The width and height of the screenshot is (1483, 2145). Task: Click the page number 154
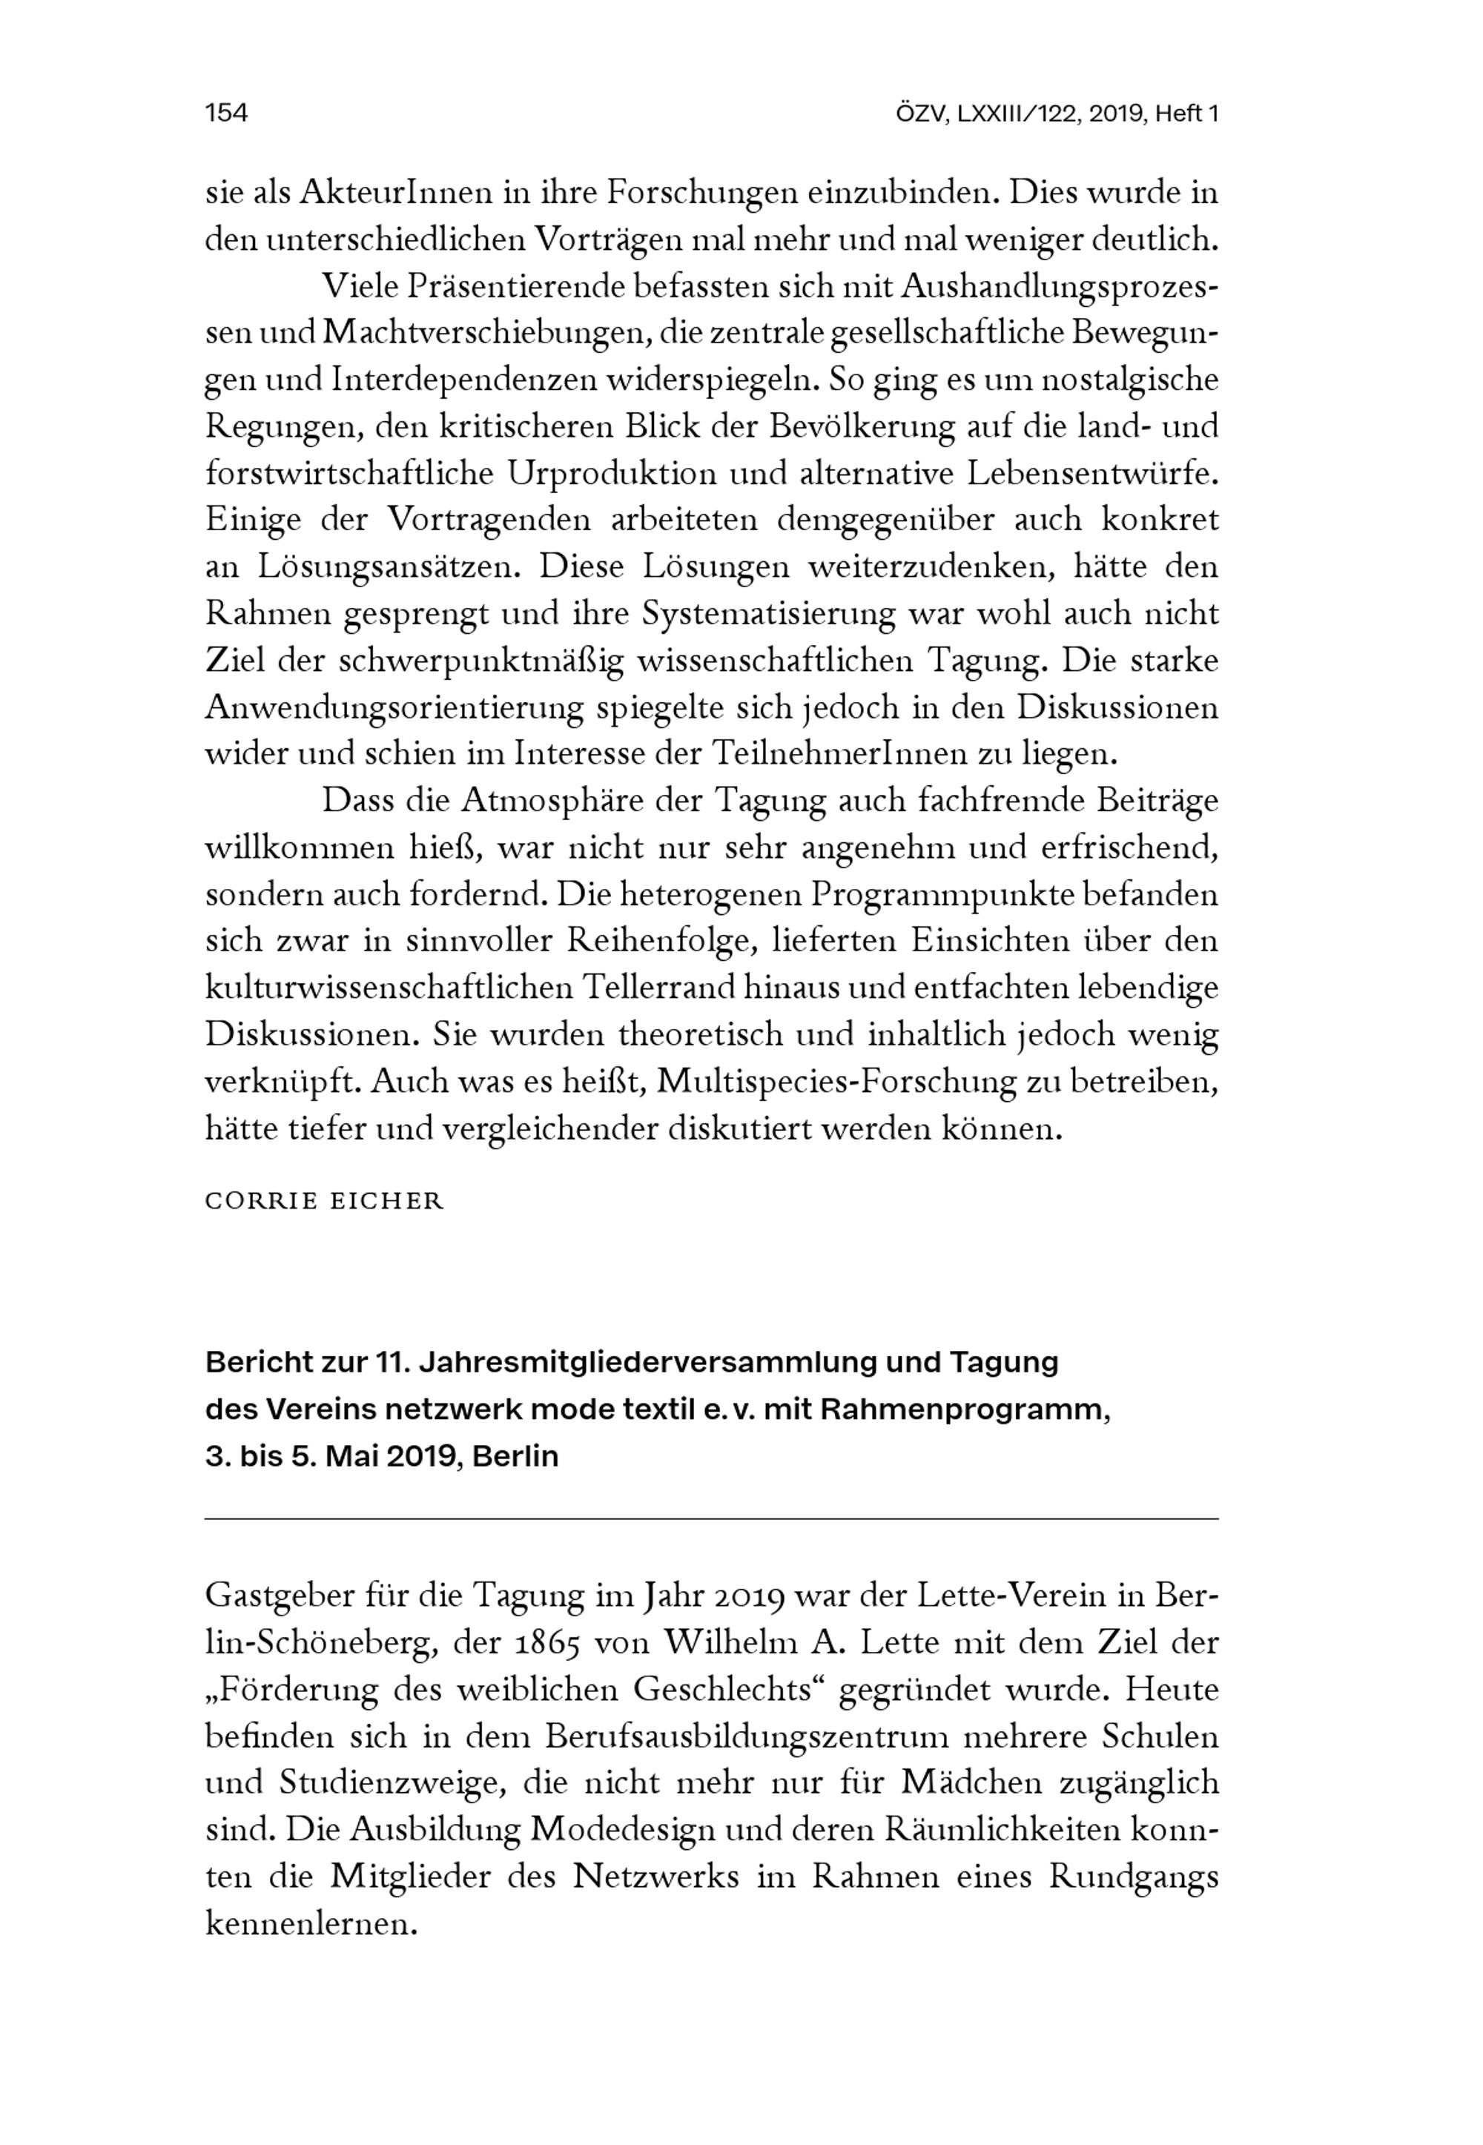[226, 113]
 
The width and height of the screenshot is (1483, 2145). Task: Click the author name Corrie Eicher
[324, 1201]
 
